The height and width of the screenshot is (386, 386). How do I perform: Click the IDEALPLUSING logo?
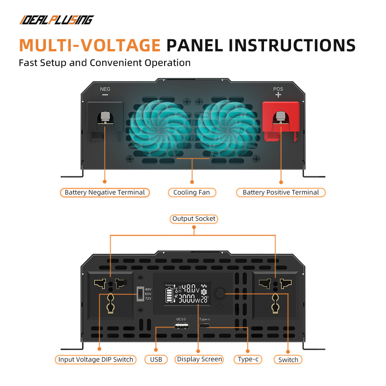57,20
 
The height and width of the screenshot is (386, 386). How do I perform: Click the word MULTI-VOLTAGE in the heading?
90,45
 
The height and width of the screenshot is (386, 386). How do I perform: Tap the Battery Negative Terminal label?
105,193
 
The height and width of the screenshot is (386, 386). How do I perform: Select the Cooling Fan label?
192,193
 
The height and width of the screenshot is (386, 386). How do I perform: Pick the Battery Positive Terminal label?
281,193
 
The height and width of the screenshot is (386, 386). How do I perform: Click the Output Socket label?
194,219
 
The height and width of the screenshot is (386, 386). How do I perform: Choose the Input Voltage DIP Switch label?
96,359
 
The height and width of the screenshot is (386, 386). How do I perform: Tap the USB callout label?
156,359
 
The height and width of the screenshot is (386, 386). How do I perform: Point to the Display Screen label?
199,359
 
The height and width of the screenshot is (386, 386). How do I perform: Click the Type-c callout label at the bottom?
248,359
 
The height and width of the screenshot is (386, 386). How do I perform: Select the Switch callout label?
288,360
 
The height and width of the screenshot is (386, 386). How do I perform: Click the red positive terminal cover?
281,120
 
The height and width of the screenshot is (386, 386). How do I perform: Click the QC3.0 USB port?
182,326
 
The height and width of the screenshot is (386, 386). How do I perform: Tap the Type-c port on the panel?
204,326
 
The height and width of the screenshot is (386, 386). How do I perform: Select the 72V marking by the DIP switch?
148,299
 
